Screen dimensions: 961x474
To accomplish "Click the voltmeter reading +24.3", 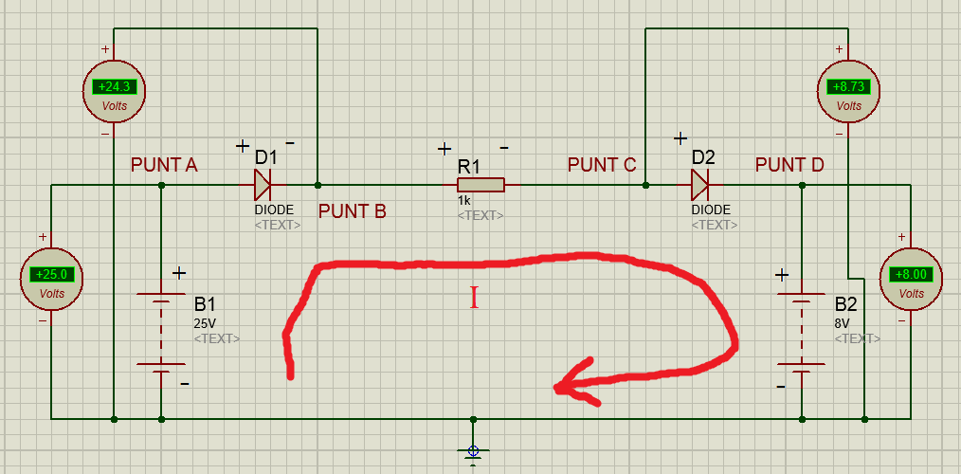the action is (114, 91).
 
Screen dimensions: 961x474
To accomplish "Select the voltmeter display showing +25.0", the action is (51, 274).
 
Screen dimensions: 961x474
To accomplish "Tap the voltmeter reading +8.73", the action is (849, 91).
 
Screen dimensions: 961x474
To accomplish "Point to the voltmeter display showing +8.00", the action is (911, 274).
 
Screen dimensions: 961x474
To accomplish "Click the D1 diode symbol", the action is (263, 184).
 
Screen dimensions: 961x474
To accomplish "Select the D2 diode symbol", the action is (700, 184).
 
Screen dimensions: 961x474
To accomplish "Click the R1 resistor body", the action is (480, 185).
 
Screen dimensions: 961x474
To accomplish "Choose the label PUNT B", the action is (353, 211).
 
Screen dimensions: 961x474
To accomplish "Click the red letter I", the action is (474, 298).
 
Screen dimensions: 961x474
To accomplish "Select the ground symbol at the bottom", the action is (473, 452).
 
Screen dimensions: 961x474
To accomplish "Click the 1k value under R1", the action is (462, 201).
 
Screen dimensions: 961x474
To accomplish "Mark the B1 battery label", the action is (206, 304).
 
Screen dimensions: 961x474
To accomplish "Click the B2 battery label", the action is (845, 304).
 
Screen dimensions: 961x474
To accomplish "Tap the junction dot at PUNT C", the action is (645, 185).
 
